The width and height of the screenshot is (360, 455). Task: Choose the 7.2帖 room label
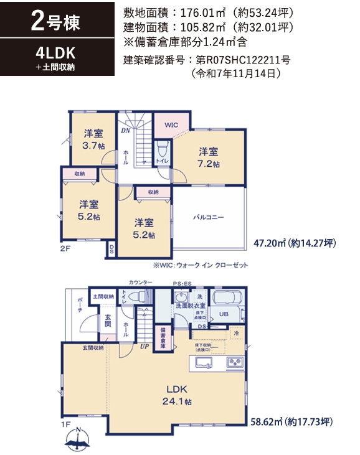[x=209, y=157]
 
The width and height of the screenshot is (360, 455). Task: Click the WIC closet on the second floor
[x=171, y=125]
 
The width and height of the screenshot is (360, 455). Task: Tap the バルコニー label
[x=208, y=218]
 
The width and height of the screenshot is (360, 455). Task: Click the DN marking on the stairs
[x=125, y=131]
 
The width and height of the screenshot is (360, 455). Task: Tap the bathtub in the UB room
[x=228, y=298]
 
